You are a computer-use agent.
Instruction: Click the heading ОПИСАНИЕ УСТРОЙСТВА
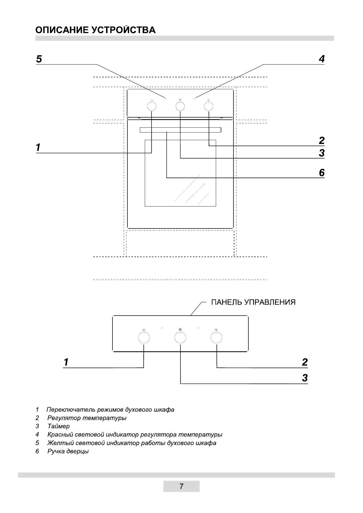pos(95,30)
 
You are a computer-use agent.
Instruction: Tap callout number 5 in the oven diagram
pos(39,59)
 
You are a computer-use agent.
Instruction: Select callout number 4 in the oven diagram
pos(322,59)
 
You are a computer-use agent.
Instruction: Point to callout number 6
pos(322,173)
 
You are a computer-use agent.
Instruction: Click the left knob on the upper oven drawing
pos(151,106)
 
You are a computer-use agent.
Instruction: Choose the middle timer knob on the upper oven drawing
pos(180,106)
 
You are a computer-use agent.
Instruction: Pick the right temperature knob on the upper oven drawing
pos(208,106)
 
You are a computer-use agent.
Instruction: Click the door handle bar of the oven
pos(180,130)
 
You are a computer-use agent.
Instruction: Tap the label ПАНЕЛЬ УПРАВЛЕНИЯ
pos(253,302)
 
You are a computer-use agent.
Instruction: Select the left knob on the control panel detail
pos(144,338)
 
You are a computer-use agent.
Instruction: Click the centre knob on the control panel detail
pos(180,338)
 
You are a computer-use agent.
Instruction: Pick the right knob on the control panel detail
pos(216,338)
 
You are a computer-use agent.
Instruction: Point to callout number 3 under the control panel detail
pos(305,378)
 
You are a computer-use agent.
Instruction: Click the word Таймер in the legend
pos(59,426)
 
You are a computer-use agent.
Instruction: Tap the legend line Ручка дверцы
pos(68,451)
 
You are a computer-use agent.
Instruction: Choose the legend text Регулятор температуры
pos(87,418)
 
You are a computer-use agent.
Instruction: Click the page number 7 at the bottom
pos(181,486)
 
